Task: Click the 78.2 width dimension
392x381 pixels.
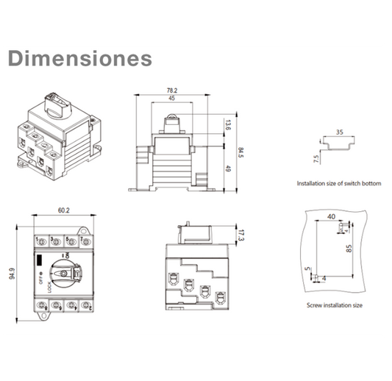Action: [x=171, y=90]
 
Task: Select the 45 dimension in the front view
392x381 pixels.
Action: [x=171, y=99]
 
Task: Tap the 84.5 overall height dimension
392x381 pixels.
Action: [x=240, y=153]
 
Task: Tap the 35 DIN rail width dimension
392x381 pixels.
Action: [x=340, y=133]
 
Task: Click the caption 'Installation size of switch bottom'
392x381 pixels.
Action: [x=338, y=182]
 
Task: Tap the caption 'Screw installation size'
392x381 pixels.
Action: [x=334, y=304]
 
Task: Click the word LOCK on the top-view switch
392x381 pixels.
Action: [x=50, y=286]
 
